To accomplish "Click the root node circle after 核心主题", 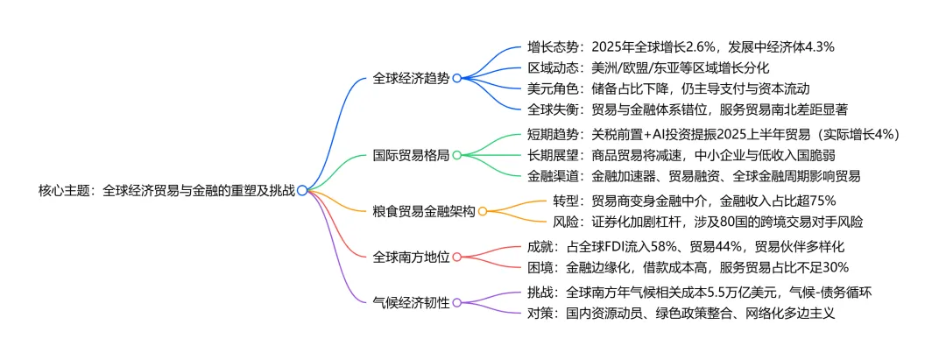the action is click(x=301, y=189).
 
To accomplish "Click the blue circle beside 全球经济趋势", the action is click(x=457, y=78).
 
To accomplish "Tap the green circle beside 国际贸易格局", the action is click(x=457, y=155).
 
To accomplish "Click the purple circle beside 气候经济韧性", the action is click(x=457, y=302).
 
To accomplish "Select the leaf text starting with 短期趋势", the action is click(x=714, y=134).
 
